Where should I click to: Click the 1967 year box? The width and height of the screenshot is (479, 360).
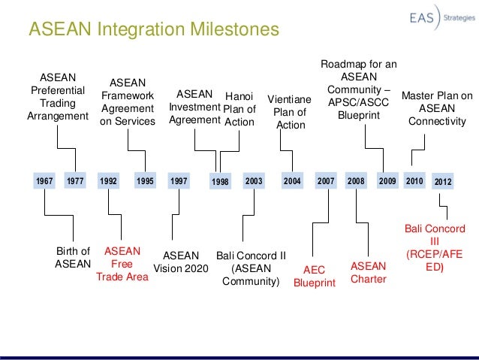pyautogui.click(x=46, y=181)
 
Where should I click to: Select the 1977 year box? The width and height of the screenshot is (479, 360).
pyautogui.click(x=75, y=181)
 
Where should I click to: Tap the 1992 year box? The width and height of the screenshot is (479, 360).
pyautogui.click(x=110, y=181)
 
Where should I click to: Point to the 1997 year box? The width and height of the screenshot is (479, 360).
pyautogui.click(x=179, y=181)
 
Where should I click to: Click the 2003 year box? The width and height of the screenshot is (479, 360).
pyautogui.click(x=255, y=181)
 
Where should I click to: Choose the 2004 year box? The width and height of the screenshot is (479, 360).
pyautogui.click(x=292, y=181)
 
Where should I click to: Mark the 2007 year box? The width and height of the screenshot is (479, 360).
pyautogui.click(x=325, y=181)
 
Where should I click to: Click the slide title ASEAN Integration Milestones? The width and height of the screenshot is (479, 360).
pyautogui.click(x=153, y=30)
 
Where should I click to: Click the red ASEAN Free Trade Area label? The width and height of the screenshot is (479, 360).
pyautogui.click(x=122, y=265)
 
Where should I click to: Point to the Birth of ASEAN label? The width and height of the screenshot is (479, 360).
pyautogui.click(x=72, y=258)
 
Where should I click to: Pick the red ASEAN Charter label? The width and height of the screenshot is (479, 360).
pyautogui.click(x=368, y=272)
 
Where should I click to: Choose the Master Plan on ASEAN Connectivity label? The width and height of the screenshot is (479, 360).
pyautogui.click(x=436, y=108)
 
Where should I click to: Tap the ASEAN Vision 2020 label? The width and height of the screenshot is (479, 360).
pyautogui.click(x=180, y=261)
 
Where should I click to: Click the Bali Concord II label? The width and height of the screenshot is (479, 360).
pyautogui.click(x=251, y=268)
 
